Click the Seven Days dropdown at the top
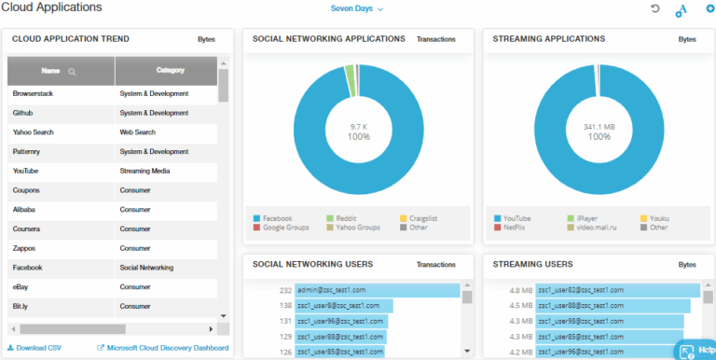pos(357,8)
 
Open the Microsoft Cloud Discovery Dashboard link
pos(166,348)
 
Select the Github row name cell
pos(23,113)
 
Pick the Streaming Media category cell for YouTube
pos(145,171)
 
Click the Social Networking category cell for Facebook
pos(146,268)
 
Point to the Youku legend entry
pos(658,218)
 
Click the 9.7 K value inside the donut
pos(359,126)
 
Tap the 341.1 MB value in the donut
pos(599,126)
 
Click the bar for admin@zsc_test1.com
pos(377,290)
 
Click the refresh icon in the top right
pos(654,8)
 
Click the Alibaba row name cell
pos(25,210)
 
